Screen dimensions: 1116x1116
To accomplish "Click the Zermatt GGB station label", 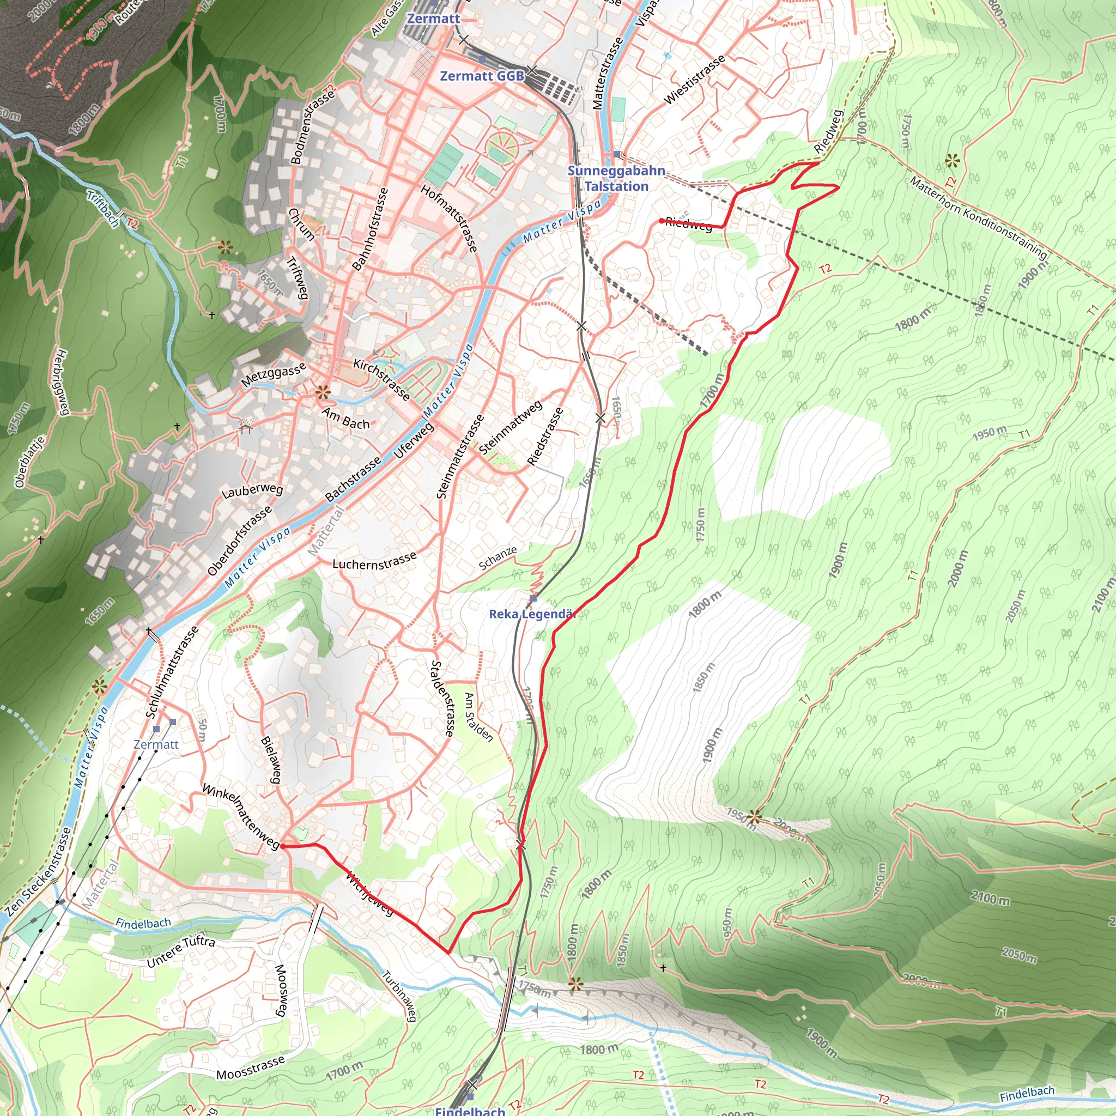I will point(482,76).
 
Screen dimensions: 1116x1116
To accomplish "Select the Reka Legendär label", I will point(532,614).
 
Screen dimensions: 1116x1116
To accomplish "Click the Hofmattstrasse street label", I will point(450,219).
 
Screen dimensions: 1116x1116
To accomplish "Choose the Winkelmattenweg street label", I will point(241,817).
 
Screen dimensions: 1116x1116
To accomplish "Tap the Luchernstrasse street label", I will point(374,561).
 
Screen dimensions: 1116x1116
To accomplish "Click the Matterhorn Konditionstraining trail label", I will point(978,219).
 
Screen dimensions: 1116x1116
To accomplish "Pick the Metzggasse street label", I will point(273,374).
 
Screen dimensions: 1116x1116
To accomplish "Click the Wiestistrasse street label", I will point(694,80).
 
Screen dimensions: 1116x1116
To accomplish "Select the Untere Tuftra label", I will point(181,952).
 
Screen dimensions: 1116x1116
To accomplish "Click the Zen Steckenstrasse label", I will point(38,872).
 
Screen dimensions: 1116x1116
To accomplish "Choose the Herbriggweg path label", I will point(62,382).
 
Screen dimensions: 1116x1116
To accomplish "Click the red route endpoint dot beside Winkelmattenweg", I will point(283,846).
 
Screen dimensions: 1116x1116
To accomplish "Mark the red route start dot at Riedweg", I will point(662,221).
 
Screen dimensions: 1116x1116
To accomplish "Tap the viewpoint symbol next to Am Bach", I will point(323,393).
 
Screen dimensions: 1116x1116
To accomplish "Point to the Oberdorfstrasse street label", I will point(239,541).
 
